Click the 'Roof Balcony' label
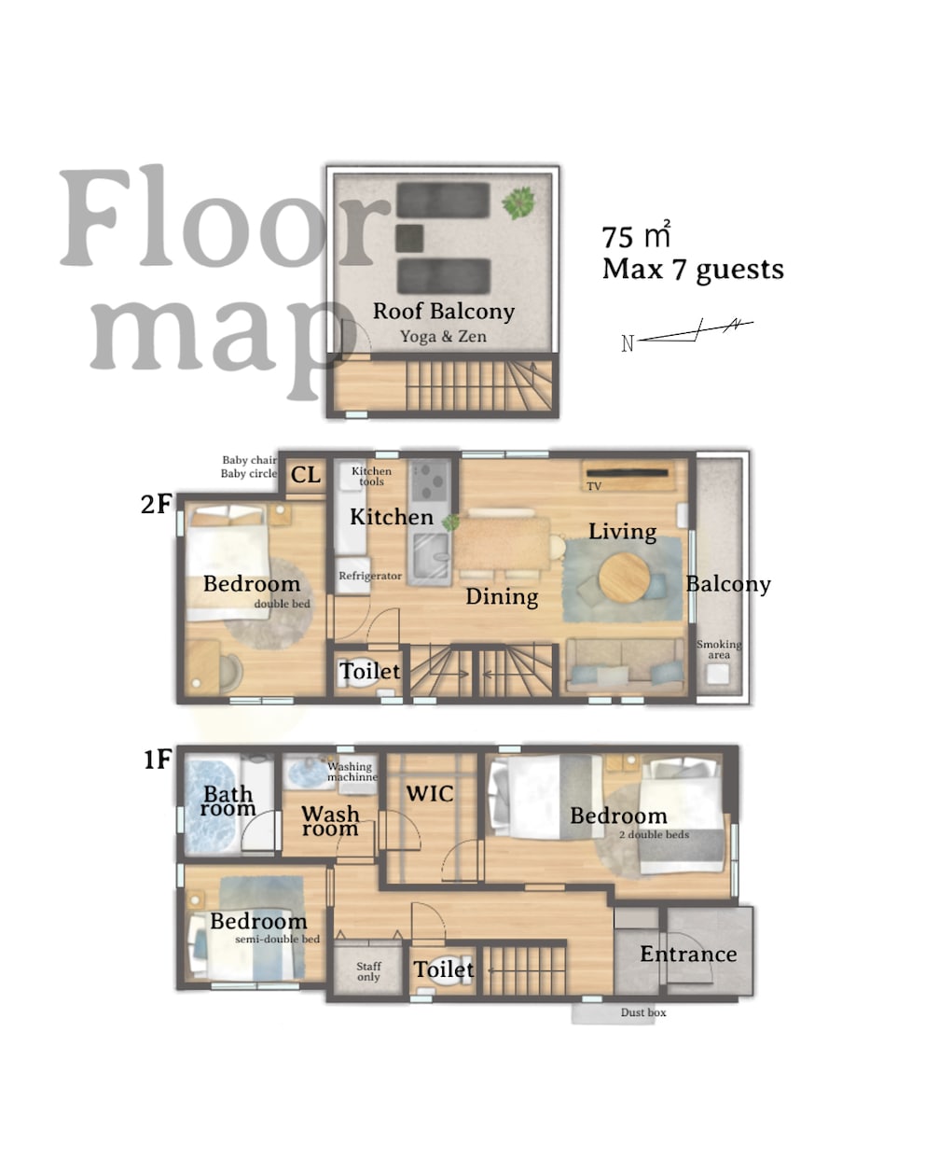point(444,312)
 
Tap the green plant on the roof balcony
point(518,202)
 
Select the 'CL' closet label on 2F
point(305,475)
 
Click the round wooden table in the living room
point(624,578)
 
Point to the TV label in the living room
point(593,486)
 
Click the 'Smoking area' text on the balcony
point(719,648)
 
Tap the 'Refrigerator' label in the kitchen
point(370,576)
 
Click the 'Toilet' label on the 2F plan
point(370,671)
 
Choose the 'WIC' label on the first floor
point(430,793)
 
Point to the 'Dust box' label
point(642,1012)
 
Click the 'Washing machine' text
point(352,772)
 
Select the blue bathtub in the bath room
point(210,805)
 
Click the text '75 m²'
point(636,235)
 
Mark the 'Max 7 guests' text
point(693,271)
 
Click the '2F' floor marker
point(156,504)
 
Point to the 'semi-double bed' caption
point(277,940)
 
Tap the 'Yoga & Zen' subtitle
point(443,337)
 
